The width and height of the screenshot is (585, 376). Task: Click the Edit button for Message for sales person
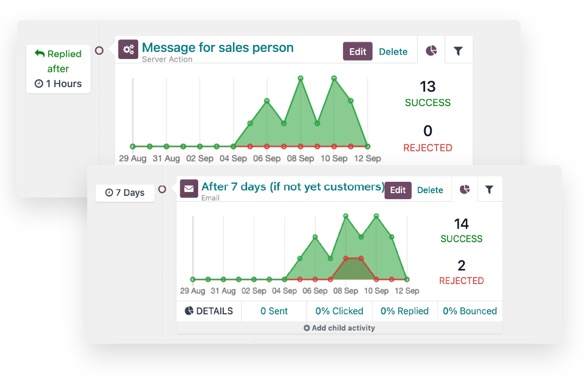357,51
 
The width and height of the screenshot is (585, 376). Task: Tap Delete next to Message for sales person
393,51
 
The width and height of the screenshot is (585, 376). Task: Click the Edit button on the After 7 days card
398,190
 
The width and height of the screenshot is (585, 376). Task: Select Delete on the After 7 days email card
430,190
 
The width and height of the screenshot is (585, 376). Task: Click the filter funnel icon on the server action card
458,51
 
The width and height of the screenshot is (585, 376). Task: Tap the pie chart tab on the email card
464,189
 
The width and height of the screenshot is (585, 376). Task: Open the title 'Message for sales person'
218,48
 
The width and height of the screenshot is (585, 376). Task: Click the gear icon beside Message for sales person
128,50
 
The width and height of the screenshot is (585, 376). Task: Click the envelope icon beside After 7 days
189,189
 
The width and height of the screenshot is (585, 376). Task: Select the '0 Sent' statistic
274,311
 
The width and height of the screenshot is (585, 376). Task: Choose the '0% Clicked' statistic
339,311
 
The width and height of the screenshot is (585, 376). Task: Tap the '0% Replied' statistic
405,311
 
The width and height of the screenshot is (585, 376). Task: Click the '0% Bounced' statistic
470,311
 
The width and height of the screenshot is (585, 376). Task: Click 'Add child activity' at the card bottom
339,328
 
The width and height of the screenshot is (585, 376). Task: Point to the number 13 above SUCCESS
427,87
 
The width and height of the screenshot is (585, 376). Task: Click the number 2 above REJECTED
461,266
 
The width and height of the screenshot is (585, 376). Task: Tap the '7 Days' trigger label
125,193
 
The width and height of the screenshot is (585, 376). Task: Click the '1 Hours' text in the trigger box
58,84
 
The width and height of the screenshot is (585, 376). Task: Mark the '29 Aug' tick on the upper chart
133,159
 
